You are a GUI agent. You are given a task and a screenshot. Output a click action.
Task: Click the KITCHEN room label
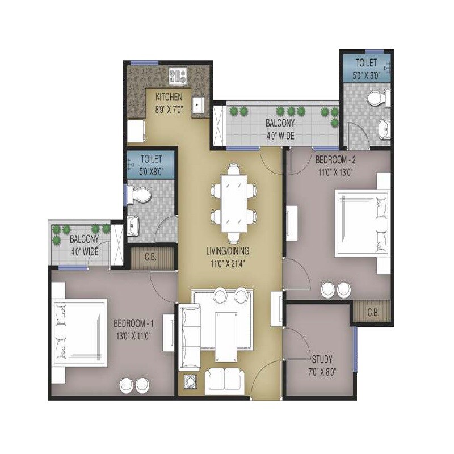point(169,97)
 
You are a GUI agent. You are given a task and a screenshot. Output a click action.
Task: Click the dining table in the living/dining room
point(233,201)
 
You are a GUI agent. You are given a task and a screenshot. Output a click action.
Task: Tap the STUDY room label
point(322,360)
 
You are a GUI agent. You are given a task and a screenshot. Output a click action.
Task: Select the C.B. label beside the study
point(373,312)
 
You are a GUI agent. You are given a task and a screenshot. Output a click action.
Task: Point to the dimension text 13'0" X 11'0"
point(134,334)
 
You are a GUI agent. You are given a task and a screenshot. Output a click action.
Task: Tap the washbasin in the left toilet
point(134,225)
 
